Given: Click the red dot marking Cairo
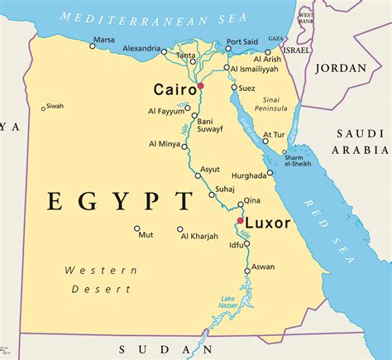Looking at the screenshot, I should pyautogui.click(x=199, y=85).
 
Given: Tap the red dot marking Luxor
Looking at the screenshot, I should pyautogui.click(x=239, y=221).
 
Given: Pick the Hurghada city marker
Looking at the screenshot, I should pyautogui.click(x=270, y=173).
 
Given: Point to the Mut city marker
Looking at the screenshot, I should pyautogui.click(x=137, y=228).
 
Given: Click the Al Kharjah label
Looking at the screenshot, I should pyautogui.click(x=199, y=237).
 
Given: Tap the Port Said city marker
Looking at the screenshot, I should pyautogui.click(x=229, y=49).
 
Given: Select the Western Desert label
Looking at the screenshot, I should pyautogui.click(x=98, y=280).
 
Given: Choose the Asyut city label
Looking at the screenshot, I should pyautogui.click(x=211, y=169).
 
